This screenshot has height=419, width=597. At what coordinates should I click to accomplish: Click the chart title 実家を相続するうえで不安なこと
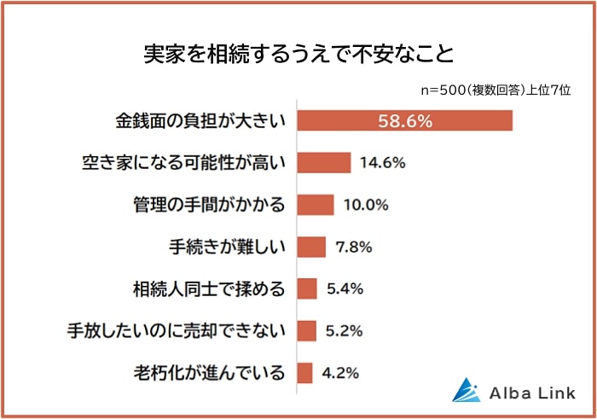[x=298, y=55]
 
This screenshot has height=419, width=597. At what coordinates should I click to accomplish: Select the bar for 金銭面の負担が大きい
[x=404, y=120]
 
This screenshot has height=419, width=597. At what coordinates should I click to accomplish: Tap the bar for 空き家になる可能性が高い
[x=324, y=162]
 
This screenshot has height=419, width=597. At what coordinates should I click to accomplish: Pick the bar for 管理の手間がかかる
[x=316, y=204]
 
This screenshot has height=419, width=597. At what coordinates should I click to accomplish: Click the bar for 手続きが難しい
[x=311, y=247]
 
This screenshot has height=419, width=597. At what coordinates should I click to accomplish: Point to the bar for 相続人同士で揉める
[x=307, y=288]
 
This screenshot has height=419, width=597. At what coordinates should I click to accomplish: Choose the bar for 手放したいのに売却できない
[x=307, y=330]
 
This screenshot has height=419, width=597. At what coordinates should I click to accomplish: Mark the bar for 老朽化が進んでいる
[x=305, y=372]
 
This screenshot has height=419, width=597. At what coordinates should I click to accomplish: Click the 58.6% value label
[x=404, y=121]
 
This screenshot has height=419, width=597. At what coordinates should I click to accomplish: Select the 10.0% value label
[x=365, y=205]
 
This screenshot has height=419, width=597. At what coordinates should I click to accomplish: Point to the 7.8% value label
[x=353, y=247]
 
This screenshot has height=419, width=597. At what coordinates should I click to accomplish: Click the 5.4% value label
[x=345, y=288]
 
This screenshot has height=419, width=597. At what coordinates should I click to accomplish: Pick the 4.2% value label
[x=339, y=372]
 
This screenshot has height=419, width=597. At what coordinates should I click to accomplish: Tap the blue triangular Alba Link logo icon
[x=466, y=389]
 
